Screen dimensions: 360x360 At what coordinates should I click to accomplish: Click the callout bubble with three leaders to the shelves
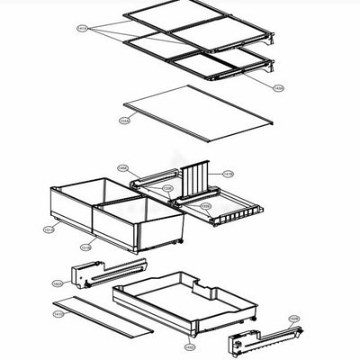[x=83, y=29]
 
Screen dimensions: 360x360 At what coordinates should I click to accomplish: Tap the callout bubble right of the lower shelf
[x=278, y=87]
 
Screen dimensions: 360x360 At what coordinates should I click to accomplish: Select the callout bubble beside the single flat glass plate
[x=124, y=120]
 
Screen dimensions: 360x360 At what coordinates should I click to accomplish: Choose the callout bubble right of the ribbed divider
[x=228, y=174]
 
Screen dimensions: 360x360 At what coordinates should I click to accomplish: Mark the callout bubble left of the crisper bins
[x=49, y=229]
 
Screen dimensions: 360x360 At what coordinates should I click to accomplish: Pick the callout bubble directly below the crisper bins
[x=85, y=247]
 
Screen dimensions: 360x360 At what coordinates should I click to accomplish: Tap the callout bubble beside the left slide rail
[x=58, y=283]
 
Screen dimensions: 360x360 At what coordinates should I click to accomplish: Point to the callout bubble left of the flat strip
[x=58, y=314]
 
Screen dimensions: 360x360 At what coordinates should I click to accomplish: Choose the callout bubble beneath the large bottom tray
[x=189, y=346]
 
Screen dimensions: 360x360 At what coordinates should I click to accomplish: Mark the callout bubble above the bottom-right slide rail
[x=293, y=319]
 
